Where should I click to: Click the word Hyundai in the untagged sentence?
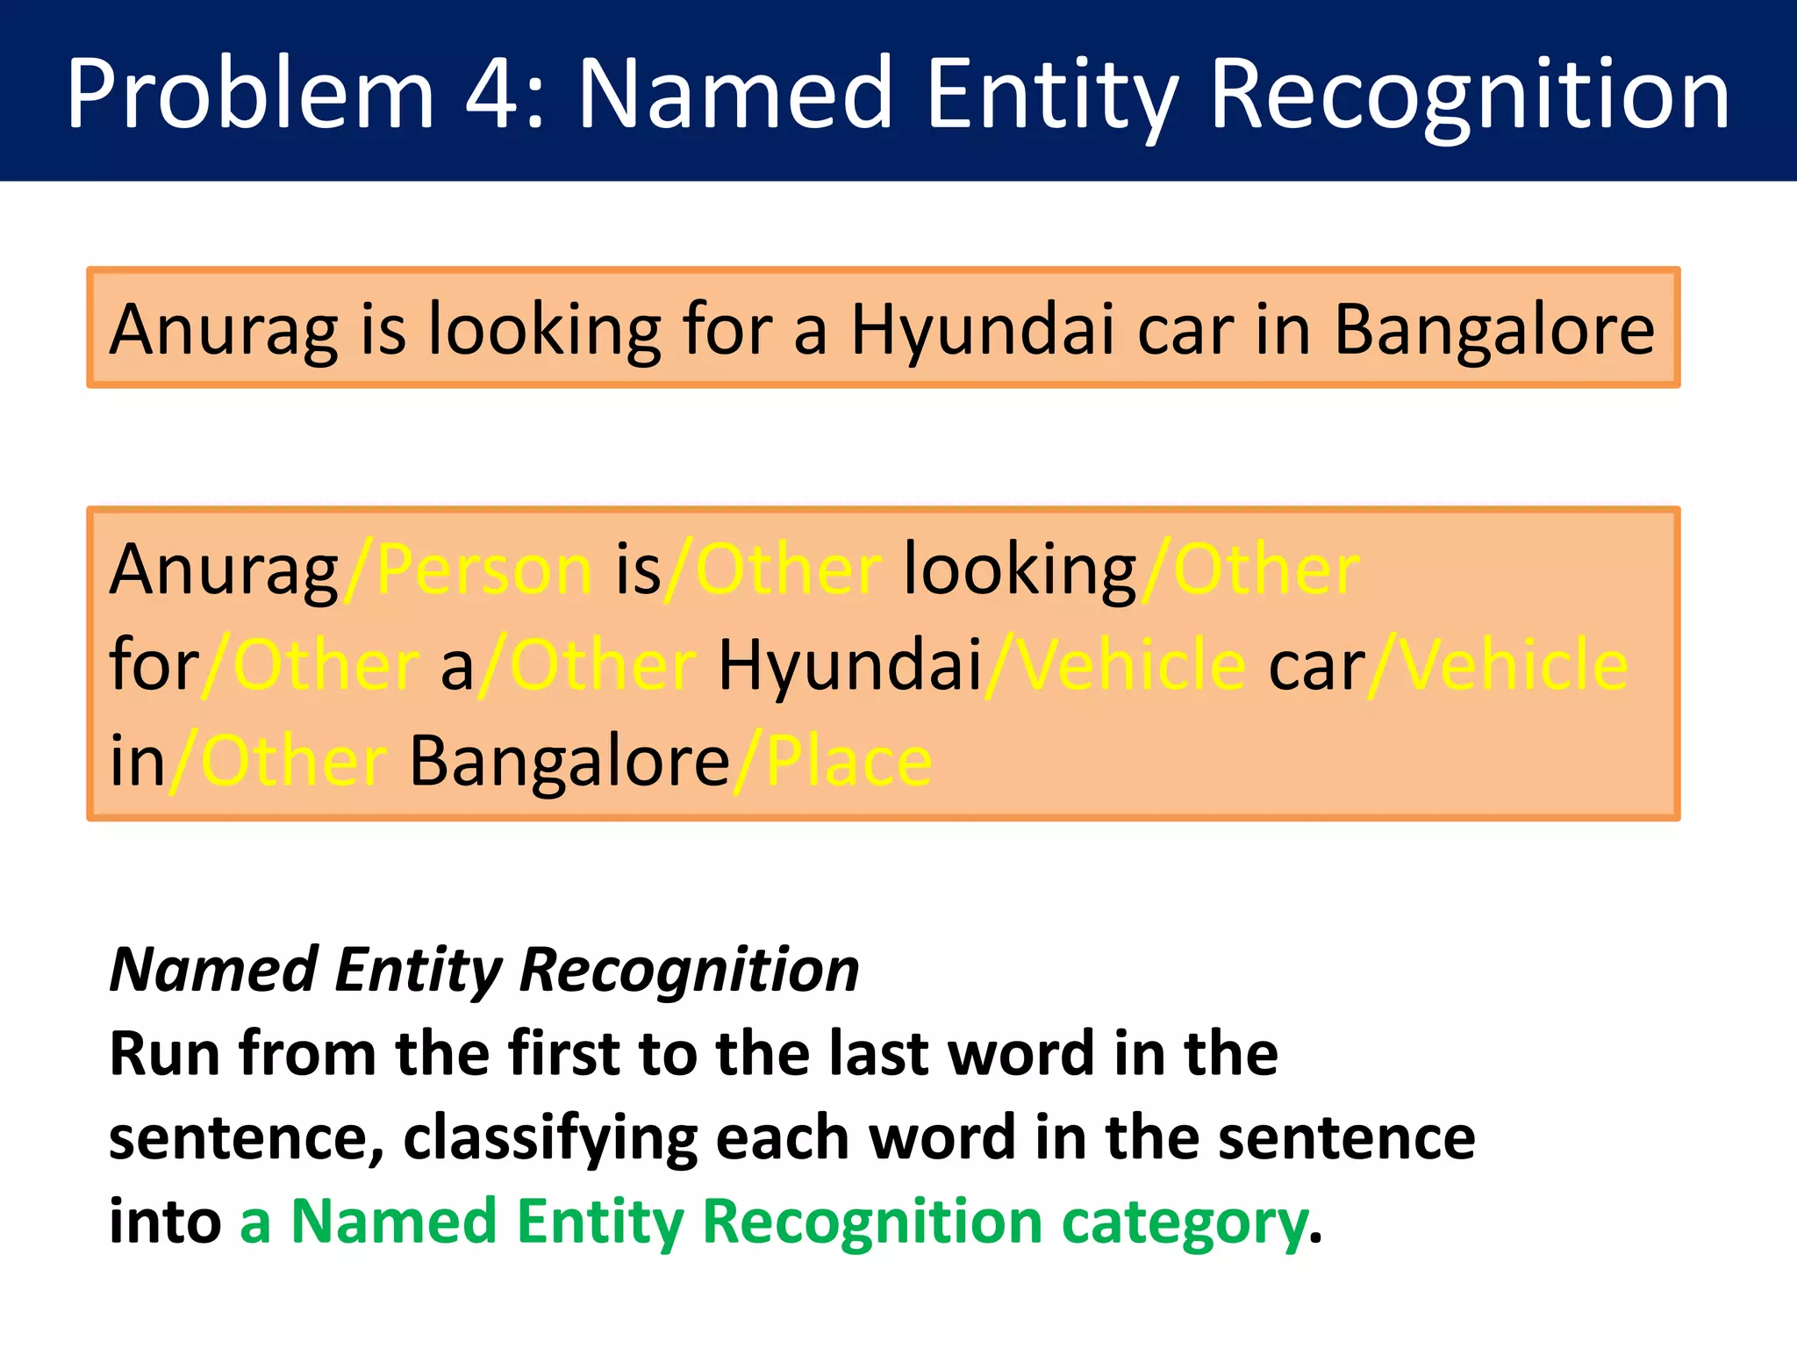click(982, 330)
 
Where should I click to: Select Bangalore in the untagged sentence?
click(1493, 330)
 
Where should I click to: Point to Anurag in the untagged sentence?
click(224, 330)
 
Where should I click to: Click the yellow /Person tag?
click(469, 570)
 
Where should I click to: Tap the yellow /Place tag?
click(833, 761)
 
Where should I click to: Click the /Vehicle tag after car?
click(1498, 665)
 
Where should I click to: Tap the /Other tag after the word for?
click(311, 665)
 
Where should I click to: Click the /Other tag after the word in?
click(277, 761)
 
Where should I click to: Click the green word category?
click(1185, 1222)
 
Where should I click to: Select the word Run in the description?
click(163, 1053)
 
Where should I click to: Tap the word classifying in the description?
click(550, 1138)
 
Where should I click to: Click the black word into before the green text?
click(165, 1222)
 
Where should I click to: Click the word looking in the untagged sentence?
click(544, 330)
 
